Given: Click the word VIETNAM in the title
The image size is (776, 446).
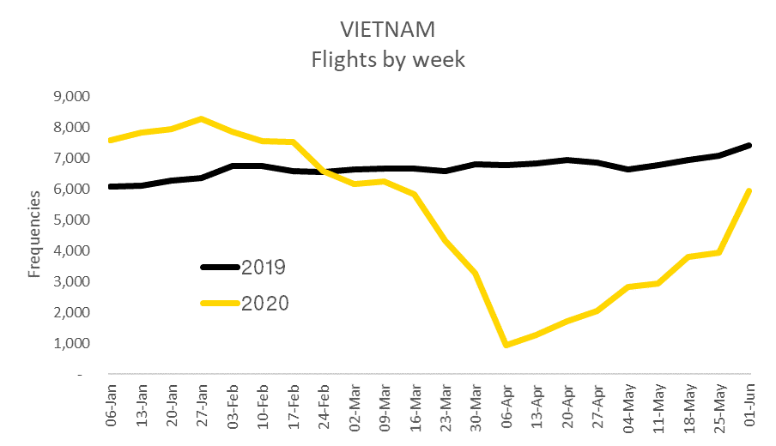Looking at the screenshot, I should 388,29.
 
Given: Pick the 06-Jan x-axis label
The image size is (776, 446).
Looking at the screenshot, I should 109,400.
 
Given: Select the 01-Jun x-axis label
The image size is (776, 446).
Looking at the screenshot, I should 750,400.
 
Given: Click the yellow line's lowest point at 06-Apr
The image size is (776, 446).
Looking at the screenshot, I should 506,345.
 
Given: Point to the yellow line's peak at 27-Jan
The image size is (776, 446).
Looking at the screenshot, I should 201,118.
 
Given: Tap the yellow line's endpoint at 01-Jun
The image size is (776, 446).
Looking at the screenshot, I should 750,190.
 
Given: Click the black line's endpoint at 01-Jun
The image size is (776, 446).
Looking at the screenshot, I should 750,145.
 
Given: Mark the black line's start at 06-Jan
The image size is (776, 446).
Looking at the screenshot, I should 110,186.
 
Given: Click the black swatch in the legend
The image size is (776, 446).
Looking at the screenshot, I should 219,267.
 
